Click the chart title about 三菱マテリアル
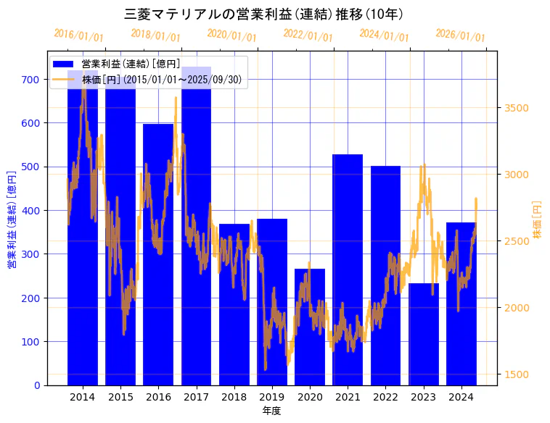pos(264,14)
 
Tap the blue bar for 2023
pos(424,334)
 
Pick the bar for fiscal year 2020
pos(310,327)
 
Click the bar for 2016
pos(158,254)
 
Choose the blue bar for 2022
pos(385,275)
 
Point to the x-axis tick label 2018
pos(234,397)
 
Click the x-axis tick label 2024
pos(461,397)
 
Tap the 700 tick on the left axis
pos(30,80)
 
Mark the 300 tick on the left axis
pos(30,254)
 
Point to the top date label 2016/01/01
pos(78,35)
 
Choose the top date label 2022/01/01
pos(308,35)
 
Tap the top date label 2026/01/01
pos(460,35)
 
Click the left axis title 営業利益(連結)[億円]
pos(12,219)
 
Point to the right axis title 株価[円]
pos(538,219)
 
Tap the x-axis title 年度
pos(271,411)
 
